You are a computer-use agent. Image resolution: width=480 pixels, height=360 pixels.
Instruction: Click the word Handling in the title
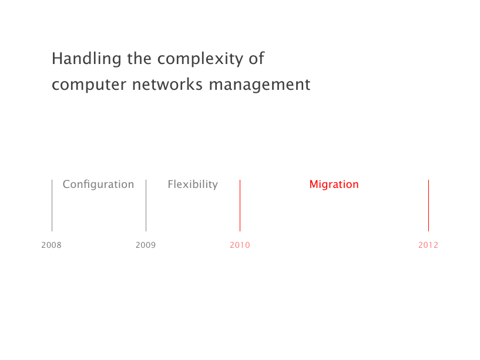coord(86,59)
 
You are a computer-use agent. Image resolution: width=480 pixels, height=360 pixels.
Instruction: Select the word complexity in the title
coord(200,59)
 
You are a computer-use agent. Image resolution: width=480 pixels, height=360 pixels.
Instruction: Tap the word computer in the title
coord(89,85)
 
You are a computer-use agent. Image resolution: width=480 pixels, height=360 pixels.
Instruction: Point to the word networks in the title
coord(167,84)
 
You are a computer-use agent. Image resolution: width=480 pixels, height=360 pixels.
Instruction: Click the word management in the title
coord(260,85)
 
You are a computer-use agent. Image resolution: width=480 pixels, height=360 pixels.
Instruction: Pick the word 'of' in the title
coord(257,58)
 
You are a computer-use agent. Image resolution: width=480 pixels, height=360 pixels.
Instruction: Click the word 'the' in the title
coord(139,58)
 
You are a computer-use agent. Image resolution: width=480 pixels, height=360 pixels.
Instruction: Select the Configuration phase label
coord(98,184)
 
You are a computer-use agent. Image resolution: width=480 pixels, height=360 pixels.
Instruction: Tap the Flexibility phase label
coord(193,184)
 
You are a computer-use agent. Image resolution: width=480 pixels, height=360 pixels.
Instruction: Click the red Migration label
coord(334,184)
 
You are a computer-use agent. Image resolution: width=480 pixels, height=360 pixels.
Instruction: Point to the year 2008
coord(52,245)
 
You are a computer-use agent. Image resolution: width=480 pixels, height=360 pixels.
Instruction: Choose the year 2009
coord(146,245)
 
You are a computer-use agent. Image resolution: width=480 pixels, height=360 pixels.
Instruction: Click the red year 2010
coord(240,245)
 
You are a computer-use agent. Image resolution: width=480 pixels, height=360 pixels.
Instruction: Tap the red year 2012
coord(428,245)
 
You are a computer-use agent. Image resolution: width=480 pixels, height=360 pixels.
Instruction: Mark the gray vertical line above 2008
coord(52,206)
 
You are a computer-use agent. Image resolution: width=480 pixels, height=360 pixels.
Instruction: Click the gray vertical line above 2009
coord(146,206)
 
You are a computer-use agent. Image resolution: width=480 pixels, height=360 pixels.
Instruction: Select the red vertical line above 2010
coord(240,206)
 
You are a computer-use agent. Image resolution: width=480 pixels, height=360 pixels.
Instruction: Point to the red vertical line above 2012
coord(428,206)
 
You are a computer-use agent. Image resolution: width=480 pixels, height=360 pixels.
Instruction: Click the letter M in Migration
coord(314,184)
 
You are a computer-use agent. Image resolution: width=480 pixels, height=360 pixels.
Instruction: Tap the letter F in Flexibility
coord(170,184)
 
